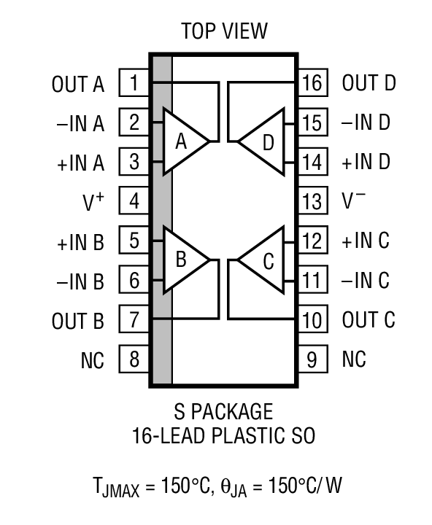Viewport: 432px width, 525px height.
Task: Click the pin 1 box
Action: point(134,83)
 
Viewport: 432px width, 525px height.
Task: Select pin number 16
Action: point(312,83)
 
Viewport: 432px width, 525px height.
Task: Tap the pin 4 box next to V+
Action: point(134,201)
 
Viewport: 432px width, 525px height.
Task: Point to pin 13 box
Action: point(312,201)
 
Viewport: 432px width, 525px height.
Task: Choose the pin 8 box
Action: point(134,359)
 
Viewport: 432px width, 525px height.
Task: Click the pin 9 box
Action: point(312,359)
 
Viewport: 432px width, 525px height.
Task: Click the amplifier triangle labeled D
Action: point(264,141)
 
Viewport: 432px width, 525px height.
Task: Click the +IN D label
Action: point(366,163)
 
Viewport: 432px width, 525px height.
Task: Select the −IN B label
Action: point(79,281)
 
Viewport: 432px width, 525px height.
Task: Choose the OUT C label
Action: point(369,320)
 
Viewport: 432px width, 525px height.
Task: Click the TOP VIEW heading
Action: point(224,31)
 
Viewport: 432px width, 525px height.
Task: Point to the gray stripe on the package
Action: point(162,219)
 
